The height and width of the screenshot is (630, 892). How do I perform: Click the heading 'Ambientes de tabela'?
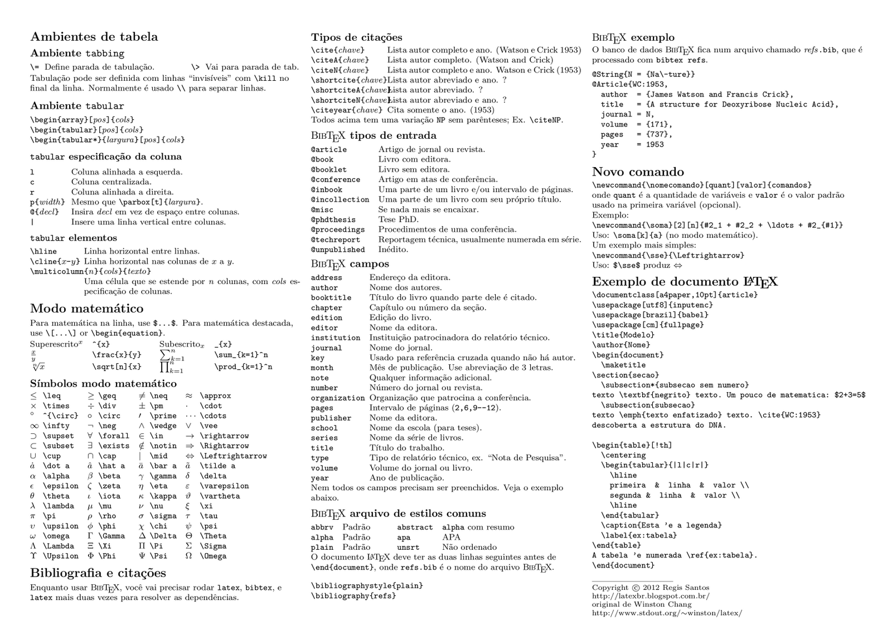click(94, 37)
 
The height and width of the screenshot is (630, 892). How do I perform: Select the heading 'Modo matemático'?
click(86, 309)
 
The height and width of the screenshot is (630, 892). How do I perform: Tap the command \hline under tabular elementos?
click(43, 251)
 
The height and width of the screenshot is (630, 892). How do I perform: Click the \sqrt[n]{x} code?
click(117, 367)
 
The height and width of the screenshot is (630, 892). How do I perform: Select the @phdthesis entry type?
click(333, 220)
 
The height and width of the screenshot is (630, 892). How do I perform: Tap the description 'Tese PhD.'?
click(398, 219)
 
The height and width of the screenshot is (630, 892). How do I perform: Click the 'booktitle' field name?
click(331, 298)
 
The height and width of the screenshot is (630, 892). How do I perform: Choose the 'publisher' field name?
click(331, 418)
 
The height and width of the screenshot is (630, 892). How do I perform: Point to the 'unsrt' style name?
click(408, 548)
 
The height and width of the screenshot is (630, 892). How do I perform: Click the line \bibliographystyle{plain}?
click(367, 586)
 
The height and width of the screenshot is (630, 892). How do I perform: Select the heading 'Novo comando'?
click(638, 172)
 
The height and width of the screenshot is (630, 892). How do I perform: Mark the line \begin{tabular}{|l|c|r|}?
click(655, 465)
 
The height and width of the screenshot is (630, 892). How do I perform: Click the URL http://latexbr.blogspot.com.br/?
click(651, 596)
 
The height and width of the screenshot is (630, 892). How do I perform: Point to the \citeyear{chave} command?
click(346, 110)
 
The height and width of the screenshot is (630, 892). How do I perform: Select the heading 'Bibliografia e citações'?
click(98, 573)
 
